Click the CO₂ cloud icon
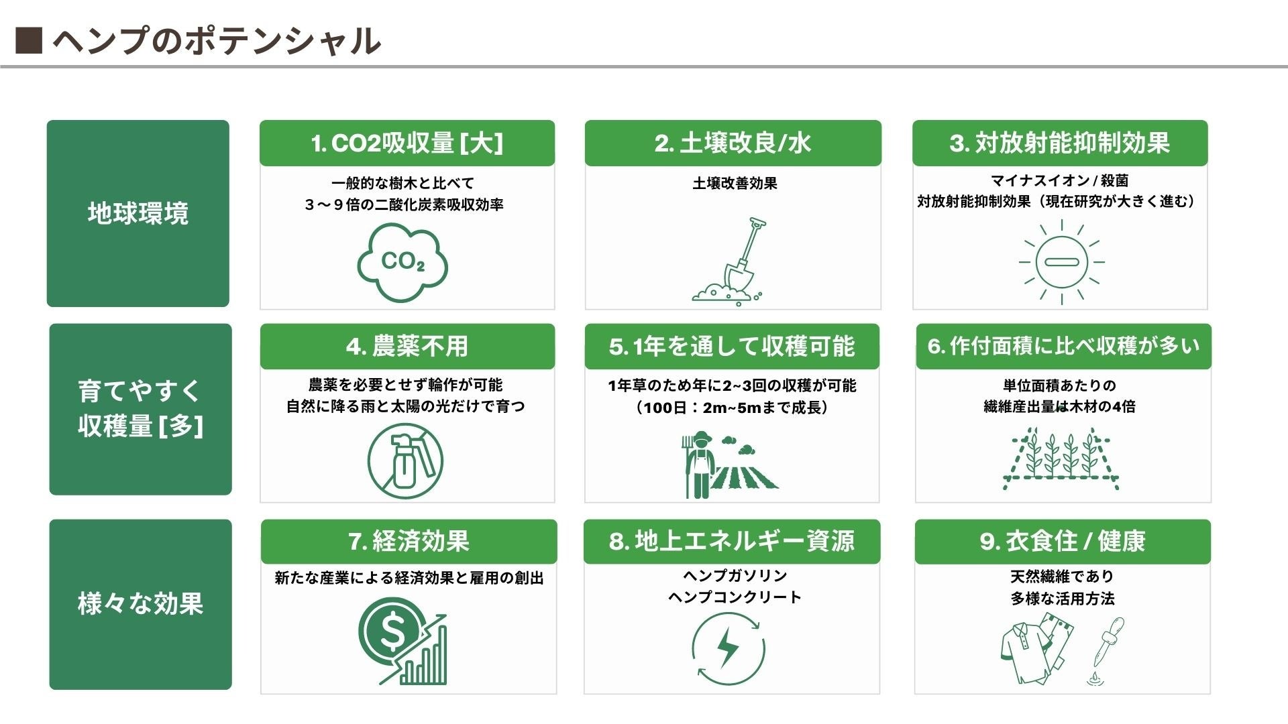pos(402,263)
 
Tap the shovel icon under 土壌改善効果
pos(732,261)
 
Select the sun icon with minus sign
pos(1061,262)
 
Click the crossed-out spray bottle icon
pos(405,461)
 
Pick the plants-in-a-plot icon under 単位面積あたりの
pos(1061,459)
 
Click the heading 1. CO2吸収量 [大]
pos(407,143)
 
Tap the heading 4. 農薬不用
pos(407,347)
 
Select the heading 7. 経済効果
pos(409,541)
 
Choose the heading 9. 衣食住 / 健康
pos(1062,541)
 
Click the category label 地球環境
pos(138,213)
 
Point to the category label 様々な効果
pos(140,604)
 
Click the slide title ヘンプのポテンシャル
pos(217,41)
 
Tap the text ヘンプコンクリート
pos(735,597)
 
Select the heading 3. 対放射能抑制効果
pos(1060,143)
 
